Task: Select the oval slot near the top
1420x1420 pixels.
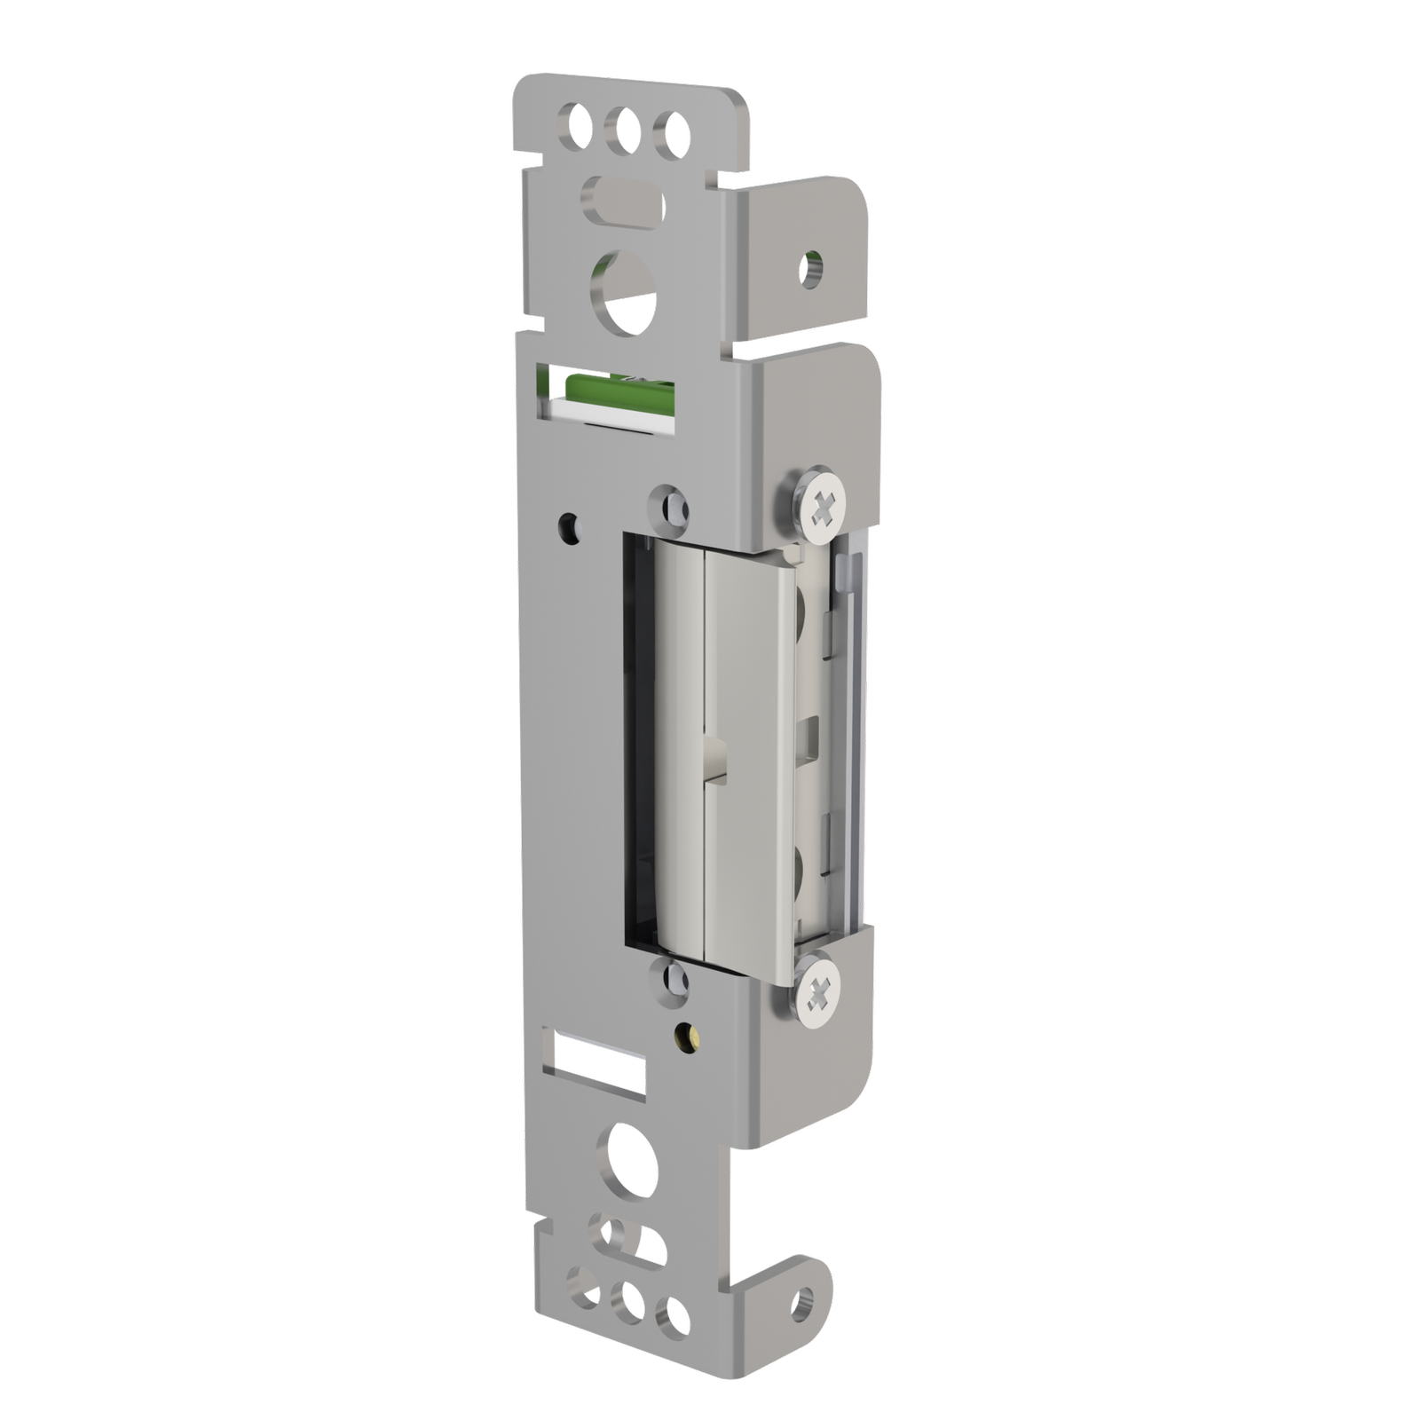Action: click(x=627, y=200)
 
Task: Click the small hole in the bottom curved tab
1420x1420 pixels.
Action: click(x=804, y=1302)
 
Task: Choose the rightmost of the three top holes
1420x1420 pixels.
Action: click(x=670, y=133)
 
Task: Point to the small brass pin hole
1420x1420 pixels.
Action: click(x=685, y=1033)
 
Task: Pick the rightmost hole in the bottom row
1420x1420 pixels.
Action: click(x=677, y=1315)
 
